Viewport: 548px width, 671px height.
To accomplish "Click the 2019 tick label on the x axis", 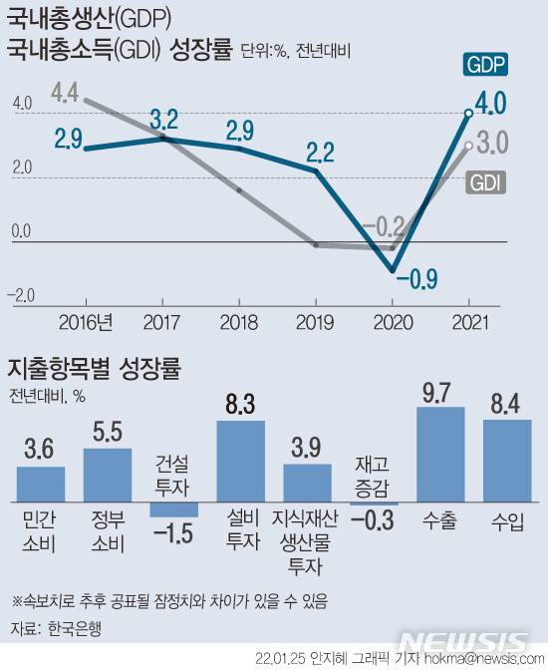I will coord(316,321).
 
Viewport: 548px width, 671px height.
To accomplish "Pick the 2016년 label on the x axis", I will coord(86,321).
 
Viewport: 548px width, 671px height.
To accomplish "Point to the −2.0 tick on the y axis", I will coord(22,294).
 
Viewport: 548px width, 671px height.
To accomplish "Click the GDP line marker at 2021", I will coord(468,113).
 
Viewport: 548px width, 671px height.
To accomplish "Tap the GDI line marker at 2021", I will coord(468,145).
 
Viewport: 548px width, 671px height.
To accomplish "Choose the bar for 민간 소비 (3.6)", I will coord(41,484).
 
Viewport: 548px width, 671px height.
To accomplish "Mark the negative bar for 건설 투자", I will coord(174,509).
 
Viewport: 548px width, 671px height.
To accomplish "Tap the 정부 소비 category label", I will coord(107,532).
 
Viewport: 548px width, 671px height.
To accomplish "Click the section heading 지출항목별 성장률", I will coord(94,366).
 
